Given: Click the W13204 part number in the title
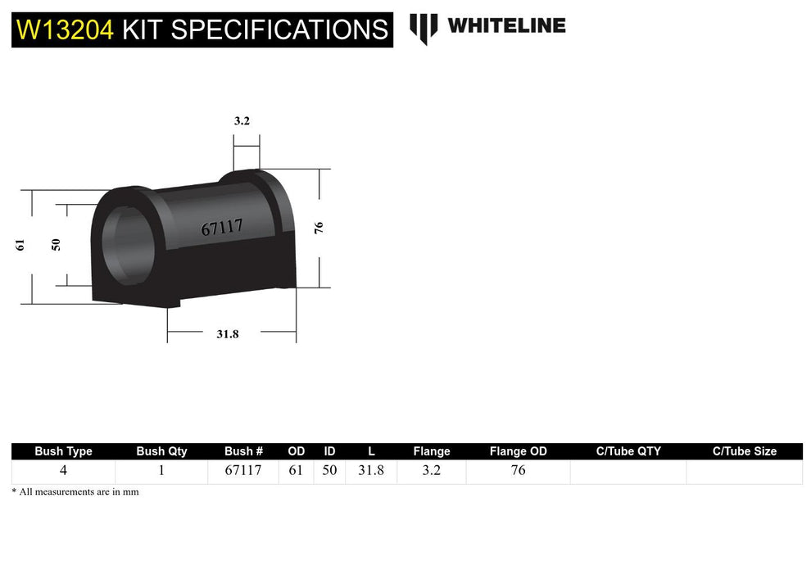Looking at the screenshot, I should coord(66,29).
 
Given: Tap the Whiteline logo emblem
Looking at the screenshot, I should coord(424,28).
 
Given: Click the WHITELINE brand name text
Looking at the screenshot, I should coord(506,25).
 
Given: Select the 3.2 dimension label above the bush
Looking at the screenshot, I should coord(242,120).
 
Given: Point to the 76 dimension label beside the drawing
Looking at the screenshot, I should coord(319,228).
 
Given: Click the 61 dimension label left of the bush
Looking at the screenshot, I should coord(20,244).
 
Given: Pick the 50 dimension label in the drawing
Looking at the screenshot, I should coord(56,244).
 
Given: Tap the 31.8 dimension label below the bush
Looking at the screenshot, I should coord(227,333).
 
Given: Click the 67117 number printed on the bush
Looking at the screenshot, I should coord(222,227).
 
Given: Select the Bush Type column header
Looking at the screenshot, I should coord(63,451).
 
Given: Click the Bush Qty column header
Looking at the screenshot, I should coord(161,451).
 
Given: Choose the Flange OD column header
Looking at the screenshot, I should coord(518,451).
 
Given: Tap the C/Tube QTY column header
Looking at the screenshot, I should coord(628,451).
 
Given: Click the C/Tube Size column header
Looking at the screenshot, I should coord(744,451).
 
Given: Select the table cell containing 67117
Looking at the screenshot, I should coord(243,471).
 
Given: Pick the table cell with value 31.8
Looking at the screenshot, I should coord(371,471).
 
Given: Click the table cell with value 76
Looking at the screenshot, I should coord(518,471).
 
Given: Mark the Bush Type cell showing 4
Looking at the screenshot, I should coord(63,471).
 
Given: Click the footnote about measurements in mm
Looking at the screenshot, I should coord(75,492).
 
